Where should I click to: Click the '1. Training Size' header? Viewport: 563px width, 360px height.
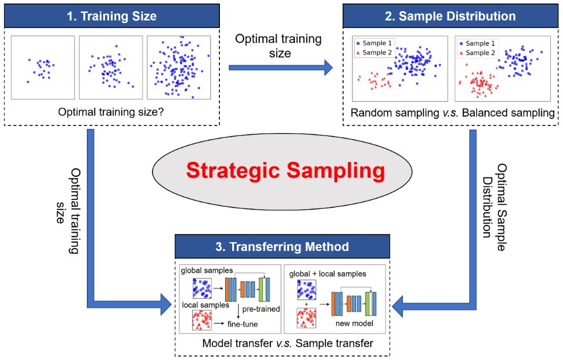tap(113, 16)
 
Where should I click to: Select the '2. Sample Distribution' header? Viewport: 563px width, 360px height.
tap(450, 16)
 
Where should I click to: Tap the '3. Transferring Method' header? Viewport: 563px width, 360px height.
tap(282, 247)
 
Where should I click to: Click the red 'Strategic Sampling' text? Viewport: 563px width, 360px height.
tap(286, 171)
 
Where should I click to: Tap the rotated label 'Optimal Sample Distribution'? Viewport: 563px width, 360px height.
tap(494, 199)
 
